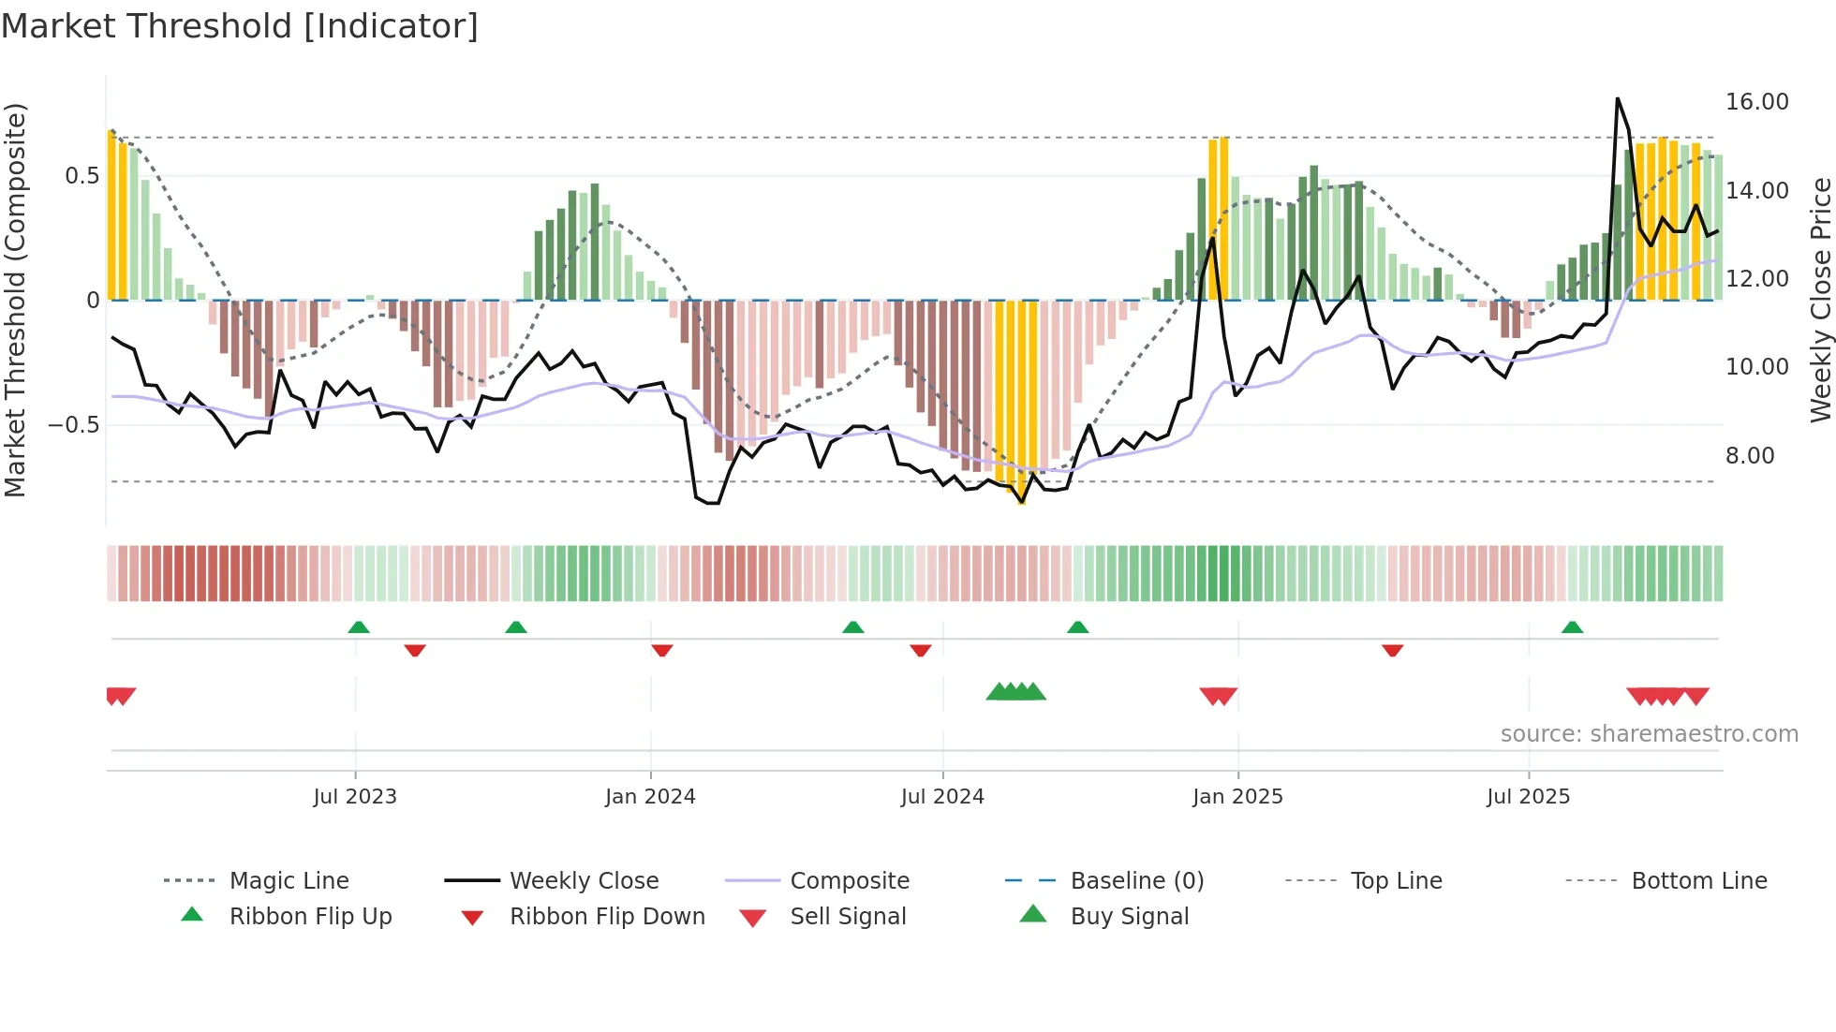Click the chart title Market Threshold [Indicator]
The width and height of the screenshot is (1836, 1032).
pos(240,26)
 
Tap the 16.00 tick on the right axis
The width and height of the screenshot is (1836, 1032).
pos(1756,102)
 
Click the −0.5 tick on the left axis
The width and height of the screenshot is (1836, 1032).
pos(73,425)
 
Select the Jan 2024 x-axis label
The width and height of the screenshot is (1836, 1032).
pos(650,797)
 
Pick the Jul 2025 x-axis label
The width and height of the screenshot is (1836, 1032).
pos(1528,797)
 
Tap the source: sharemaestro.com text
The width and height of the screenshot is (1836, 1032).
pos(1649,734)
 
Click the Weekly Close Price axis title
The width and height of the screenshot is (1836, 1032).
pos(1820,300)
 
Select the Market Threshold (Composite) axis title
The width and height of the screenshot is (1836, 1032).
pos(15,300)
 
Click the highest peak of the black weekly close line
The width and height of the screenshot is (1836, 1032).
pos(1617,98)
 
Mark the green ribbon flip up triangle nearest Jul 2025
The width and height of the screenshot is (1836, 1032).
pos(1572,627)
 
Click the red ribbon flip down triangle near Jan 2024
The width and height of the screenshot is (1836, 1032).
pos(662,650)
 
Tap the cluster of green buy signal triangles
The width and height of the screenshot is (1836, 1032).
pos(1016,692)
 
